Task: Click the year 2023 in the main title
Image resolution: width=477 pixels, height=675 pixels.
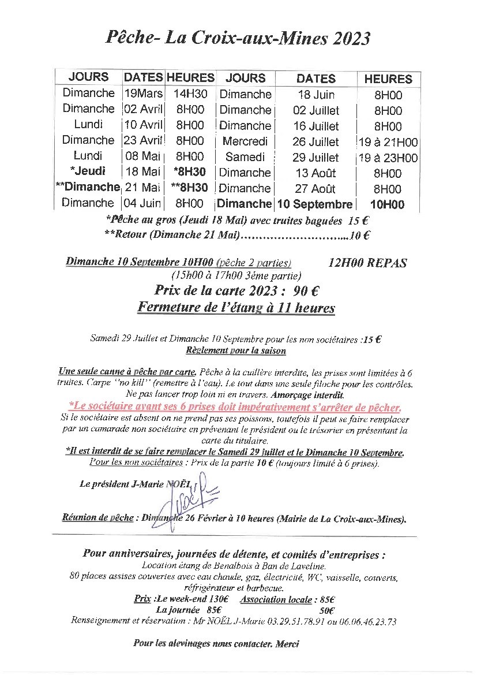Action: [347, 38]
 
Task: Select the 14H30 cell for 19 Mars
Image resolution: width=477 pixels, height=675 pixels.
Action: [190, 94]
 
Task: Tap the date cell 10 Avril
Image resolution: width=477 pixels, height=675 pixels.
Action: [144, 125]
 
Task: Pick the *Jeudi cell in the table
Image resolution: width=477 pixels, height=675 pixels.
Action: [88, 171]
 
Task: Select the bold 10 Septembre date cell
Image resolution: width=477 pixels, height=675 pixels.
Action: [315, 204]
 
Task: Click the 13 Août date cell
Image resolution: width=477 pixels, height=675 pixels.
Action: [315, 173]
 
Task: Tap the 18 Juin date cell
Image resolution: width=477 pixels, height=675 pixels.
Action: [316, 95]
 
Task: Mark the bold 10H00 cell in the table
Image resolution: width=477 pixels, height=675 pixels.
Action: [388, 204]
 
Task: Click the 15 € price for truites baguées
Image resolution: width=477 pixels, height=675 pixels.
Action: [359, 219]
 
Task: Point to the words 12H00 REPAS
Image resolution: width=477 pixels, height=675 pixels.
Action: [367, 263]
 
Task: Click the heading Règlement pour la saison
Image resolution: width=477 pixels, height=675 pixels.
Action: [236, 350]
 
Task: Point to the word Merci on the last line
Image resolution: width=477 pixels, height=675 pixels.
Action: [288, 643]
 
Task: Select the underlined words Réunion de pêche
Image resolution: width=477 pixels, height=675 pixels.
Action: [93, 519]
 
